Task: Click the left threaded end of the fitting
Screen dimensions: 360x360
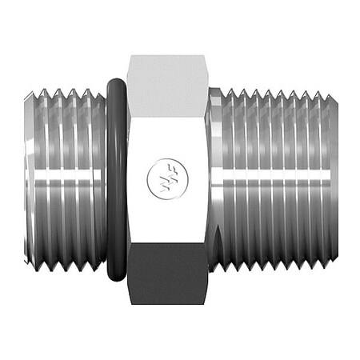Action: pyautogui.click(x=68, y=176)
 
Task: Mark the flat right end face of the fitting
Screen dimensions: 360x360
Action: pyautogui.click(x=330, y=176)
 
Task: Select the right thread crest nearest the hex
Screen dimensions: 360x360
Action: pyautogui.click(x=226, y=176)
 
